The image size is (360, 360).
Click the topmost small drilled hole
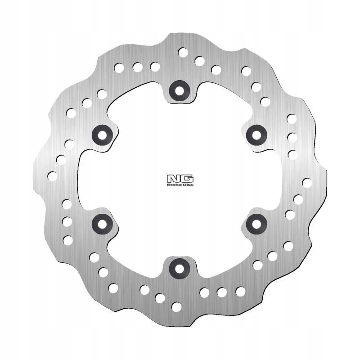(183, 52)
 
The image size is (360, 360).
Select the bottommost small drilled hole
(176, 306)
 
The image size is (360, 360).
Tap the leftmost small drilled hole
(53, 176)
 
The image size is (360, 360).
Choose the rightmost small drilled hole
(307, 183)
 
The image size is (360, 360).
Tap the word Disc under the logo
(187, 184)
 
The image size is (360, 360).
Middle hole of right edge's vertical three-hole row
(292, 137)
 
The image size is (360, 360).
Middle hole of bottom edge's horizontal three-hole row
(222, 292)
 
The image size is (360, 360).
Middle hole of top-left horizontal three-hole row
(137, 67)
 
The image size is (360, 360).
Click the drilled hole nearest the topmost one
(199, 61)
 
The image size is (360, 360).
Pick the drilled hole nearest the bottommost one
(160, 297)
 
